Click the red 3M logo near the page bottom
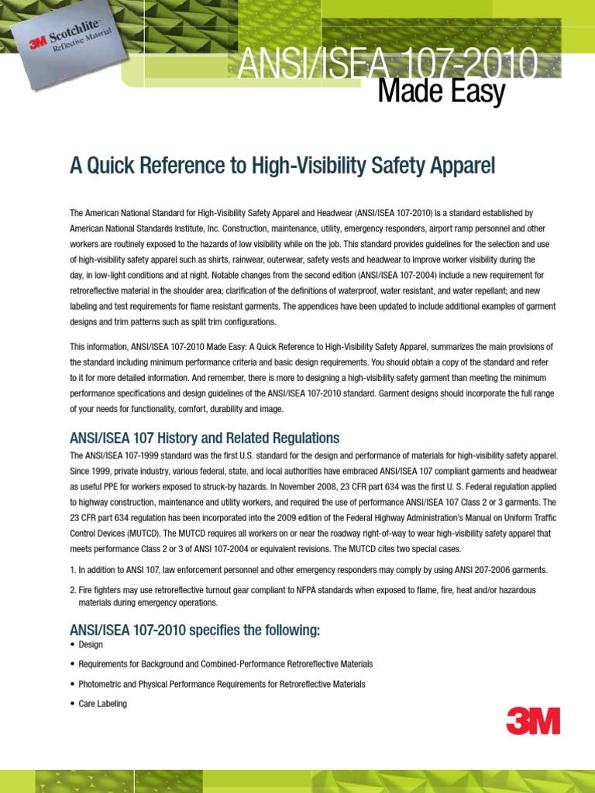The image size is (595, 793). click(533, 721)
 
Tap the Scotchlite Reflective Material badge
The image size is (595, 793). click(71, 48)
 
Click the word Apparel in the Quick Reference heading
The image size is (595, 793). click(462, 166)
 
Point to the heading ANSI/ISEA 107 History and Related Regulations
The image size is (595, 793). click(205, 438)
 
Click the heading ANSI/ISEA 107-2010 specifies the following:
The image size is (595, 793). click(194, 630)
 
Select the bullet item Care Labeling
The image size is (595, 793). click(102, 704)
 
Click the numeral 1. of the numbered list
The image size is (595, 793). click(74, 570)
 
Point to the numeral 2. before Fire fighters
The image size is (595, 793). click(74, 590)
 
